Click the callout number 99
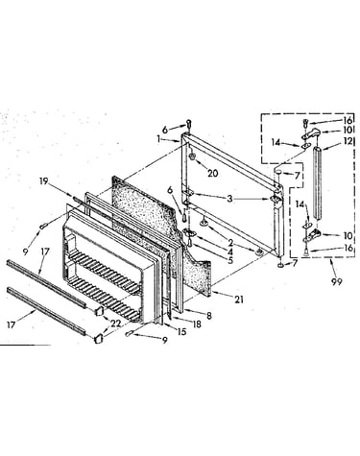pos(336,281)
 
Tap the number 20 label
pos(212,173)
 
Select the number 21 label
pos(239,300)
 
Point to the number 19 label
pos(44,181)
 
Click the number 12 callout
pos(348,141)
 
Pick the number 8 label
pos(209,316)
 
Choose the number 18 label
pos(197,324)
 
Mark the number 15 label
pos(181,331)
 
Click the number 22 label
pos(115,324)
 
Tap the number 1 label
pos(158,138)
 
